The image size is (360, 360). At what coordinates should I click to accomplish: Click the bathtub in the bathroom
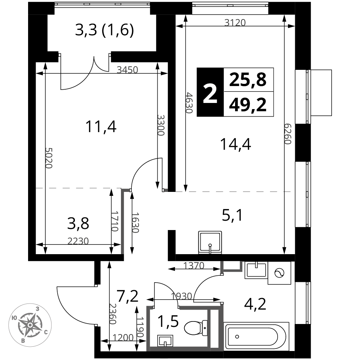pos(256,337)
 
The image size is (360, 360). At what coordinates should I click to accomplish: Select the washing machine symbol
pos(279,273)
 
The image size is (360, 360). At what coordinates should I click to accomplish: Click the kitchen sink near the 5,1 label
pos(210,242)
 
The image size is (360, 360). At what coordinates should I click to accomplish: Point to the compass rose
pos(30,325)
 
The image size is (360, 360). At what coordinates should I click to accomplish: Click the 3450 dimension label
pos(127,69)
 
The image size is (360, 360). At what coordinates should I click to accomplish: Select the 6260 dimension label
pos(288,134)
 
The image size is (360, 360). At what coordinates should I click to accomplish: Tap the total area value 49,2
pos(248,104)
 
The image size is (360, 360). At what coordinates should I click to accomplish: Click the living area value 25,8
pos(248,80)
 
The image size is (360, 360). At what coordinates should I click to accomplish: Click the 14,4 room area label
pos(235,144)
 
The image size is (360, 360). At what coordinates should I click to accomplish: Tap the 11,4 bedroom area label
pos(101,127)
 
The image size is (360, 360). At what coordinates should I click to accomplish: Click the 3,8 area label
pos(78,224)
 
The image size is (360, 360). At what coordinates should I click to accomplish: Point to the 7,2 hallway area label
pos(127,296)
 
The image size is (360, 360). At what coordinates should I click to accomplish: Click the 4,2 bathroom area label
pos(255,304)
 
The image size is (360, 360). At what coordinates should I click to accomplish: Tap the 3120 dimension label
pos(235,22)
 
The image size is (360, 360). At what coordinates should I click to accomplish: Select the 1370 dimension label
pos(194,266)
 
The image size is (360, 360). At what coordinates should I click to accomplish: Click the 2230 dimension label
pos(78,241)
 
